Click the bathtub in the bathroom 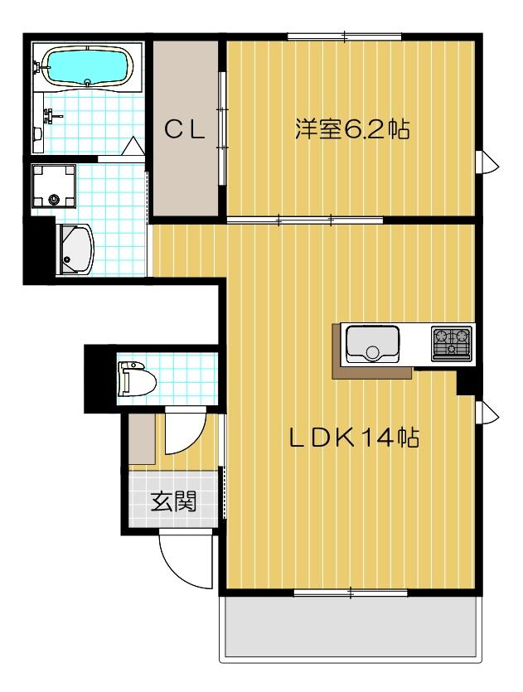(x=87, y=65)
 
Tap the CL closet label (x=185, y=130)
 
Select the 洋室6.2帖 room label (x=352, y=130)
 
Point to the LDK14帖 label (x=354, y=438)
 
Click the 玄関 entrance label (x=173, y=501)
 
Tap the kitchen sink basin (x=373, y=343)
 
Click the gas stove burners (x=451, y=343)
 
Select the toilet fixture (x=137, y=378)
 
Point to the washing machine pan (x=53, y=186)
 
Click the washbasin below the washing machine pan (x=75, y=249)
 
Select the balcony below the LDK (x=351, y=627)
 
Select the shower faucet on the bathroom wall (x=52, y=117)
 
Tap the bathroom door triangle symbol (x=132, y=146)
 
